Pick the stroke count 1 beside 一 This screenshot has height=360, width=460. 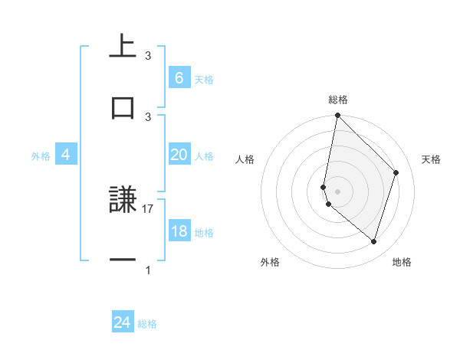pyautogui.click(x=148, y=270)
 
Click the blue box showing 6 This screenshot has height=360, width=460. pyautogui.click(x=179, y=78)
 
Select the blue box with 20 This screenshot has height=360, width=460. pyautogui.click(x=179, y=155)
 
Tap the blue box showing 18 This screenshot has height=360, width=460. pyautogui.click(x=179, y=231)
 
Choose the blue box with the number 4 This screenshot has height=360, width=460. pyautogui.click(x=65, y=155)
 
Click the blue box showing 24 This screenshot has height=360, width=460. pyautogui.click(x=122, y=322)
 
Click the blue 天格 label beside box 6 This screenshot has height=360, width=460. pyautogui.click(x=204, y=79)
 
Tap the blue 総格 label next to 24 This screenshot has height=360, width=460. pyautogui.click(x=147, y=324)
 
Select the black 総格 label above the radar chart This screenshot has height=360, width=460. pyautogui.click(x=337, y=100)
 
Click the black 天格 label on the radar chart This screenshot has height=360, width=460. pyautogui.click(x=432, y=159)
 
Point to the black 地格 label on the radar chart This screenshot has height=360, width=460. pyautogui.click(x=402, y=262)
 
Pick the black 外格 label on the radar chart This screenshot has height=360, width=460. pyautogui.click(x=270, y=262)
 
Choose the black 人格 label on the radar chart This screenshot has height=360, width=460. pyautogui.click(x=245, y=159)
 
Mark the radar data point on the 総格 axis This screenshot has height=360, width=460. pyautogui.click(x=337, y=115)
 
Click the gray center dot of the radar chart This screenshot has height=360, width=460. pyautogui.click(x=337, y=191)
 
